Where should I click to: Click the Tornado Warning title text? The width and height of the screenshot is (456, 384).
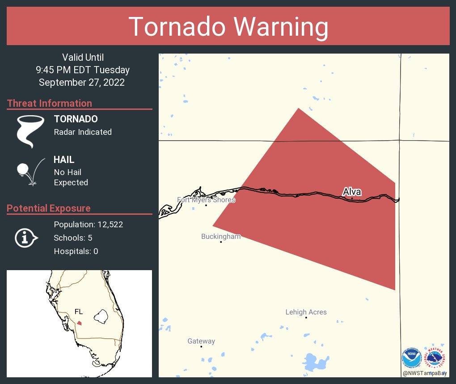228,27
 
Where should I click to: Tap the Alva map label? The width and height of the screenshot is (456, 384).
352,192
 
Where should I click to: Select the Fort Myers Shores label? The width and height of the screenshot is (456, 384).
206,200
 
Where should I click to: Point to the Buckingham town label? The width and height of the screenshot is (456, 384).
221,237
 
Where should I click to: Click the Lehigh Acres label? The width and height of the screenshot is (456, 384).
306,312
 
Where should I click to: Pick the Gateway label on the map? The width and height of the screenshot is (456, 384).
201,341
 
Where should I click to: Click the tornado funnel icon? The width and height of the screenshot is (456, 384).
30,131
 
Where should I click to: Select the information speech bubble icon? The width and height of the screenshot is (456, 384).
26,238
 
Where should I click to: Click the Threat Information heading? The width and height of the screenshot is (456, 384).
50,103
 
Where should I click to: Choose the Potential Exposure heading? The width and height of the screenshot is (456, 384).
49,208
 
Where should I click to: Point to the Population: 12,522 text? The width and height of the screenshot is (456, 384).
88,225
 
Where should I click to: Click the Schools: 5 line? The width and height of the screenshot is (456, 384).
73,238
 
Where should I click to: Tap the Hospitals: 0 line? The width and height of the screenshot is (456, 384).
76,251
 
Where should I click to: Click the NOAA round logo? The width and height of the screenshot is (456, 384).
411,358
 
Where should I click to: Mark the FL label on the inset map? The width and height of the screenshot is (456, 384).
79,312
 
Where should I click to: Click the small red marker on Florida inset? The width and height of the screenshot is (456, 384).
79,323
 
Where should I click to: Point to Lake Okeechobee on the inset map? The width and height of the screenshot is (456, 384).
101,317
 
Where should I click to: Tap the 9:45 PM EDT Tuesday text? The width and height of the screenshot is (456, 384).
83,70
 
